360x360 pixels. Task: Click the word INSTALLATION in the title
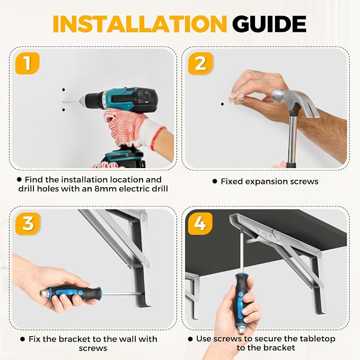(139, 24)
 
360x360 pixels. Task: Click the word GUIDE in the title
(269, 24)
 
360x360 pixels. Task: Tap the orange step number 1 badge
(28, 63)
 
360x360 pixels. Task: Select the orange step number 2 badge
(200, 63)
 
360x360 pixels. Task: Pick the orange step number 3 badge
(28, 223)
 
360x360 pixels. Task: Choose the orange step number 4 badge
(200, 223)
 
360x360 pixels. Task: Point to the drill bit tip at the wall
(63, 101)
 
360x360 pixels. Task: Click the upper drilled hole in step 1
(64, 90)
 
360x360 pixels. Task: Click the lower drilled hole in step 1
(64, 110)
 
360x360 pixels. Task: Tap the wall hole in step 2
(222, 104)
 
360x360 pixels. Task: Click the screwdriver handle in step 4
(241, 298)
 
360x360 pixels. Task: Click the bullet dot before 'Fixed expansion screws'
(215, 181)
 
